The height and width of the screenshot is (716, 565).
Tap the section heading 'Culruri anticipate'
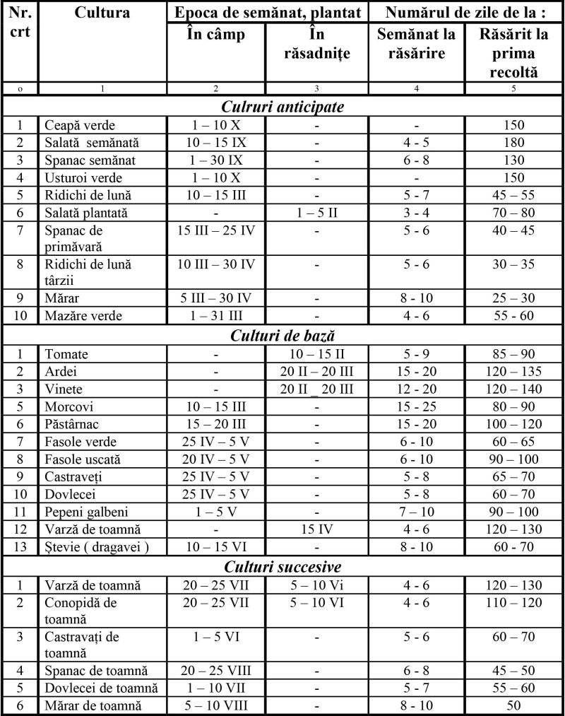pyautogui.click(x=282, y=107)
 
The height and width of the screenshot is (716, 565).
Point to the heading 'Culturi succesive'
pyautogui.click(x=282, y=567)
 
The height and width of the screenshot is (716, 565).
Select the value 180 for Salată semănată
pyautogui.click(x=514, y=143)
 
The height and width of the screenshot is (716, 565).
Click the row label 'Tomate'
pyautogui.click(x=66, y=354)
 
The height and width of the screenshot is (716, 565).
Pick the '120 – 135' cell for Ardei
pyautogui.click(x=514, y=372)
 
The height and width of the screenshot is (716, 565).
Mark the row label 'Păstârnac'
pyautogui.click(x=75, y=424)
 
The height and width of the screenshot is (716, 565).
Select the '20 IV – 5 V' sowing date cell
pyautogui.click(x=216, y=459)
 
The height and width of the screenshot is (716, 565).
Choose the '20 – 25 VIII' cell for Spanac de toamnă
pyautogui.click(x=216, y=670)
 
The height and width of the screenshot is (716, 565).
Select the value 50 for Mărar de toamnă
pyautogui.click(x=514, y=705)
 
